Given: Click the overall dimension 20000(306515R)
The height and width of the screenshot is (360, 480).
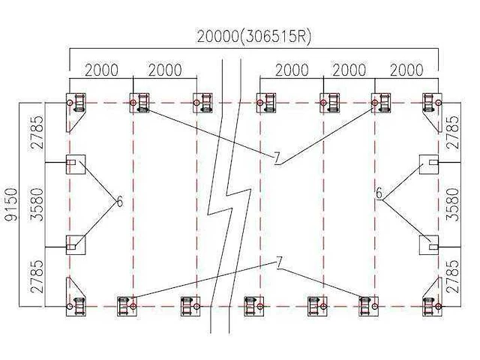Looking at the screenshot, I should click(254, 36).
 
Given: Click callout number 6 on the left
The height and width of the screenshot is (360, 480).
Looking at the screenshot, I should click(118, 200).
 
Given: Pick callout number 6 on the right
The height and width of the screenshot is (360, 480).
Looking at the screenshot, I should click(380, 194).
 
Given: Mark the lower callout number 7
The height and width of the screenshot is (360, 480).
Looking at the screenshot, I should click(278, 262).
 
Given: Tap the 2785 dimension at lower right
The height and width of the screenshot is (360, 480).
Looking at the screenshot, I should click(452, 276).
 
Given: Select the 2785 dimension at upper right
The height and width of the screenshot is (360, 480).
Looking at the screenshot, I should click(452, 132).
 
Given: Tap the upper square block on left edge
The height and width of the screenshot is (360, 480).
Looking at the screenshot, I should click(76, 163).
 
